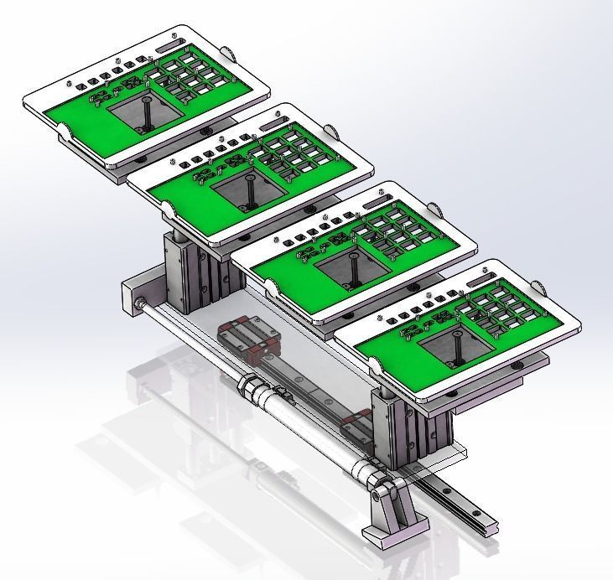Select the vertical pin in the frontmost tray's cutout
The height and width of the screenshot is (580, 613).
[457, 344]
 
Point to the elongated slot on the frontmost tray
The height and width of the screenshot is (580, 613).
[492, 273]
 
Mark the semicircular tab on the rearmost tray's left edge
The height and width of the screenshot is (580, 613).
[63, 132]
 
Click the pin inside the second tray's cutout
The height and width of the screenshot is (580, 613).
[250, 189]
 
